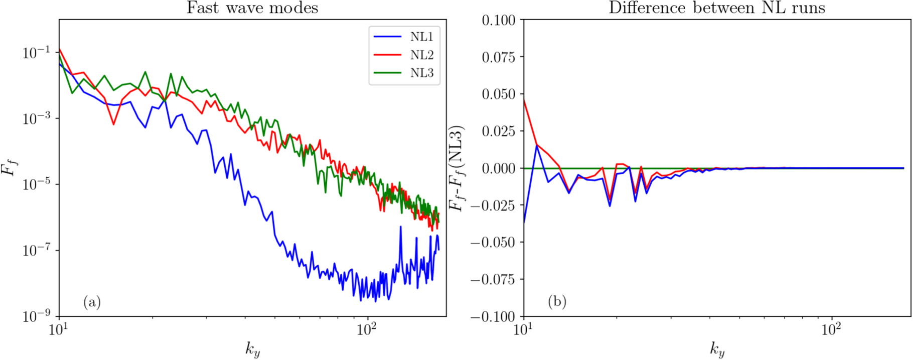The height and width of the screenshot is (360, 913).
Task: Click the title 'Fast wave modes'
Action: [x=252, y=8]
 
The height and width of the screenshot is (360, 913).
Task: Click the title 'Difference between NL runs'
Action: [x=717, y=8]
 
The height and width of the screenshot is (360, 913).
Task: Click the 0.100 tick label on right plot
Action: [x=499, y=20]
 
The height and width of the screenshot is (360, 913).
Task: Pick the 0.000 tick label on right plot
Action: [x=499, y=168]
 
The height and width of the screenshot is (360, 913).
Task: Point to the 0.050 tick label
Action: [x=499, y=94]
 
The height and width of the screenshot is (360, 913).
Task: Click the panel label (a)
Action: [x=92, y=302]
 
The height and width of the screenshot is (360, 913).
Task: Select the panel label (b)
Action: [x=557, y=302]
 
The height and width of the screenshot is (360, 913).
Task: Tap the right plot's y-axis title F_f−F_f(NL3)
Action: [x=458, y=168]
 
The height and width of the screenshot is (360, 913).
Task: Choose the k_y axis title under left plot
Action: [x=252, y=349]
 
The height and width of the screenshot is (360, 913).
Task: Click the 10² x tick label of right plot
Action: [x=831, y=330]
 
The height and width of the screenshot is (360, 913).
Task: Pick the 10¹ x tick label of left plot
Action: [x=59, y=330]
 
